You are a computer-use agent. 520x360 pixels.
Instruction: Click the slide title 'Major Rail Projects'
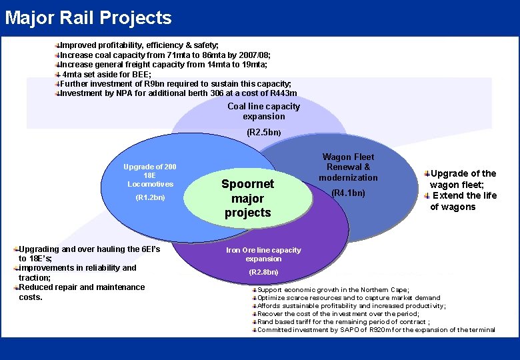(x=88, y=18)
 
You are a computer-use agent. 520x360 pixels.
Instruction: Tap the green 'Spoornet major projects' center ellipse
(x=247, y=199)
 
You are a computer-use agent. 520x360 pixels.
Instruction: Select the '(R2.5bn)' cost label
(x=263, y=133)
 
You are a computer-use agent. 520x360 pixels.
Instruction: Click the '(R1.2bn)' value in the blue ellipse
(x=150, y=197)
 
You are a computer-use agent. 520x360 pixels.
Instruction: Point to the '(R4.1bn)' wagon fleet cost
(x=348, y=193)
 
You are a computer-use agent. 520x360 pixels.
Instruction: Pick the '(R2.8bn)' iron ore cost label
(x=263, y=272)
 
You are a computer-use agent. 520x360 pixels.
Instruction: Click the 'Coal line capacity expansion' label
(x=263, y=111)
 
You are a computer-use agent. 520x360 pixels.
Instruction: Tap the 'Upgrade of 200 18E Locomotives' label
(x=150, y=175)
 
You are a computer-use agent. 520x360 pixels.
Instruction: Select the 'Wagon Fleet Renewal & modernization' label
(x=348, y=167)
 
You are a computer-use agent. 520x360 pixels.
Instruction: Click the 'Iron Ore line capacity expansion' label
(x=263, y=254)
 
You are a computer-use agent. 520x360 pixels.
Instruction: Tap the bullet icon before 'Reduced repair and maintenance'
(x=16, y=287)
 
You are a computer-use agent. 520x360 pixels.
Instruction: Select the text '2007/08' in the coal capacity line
(x=255, y=55)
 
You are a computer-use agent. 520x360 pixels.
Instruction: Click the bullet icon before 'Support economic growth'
(x=253, y=290)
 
